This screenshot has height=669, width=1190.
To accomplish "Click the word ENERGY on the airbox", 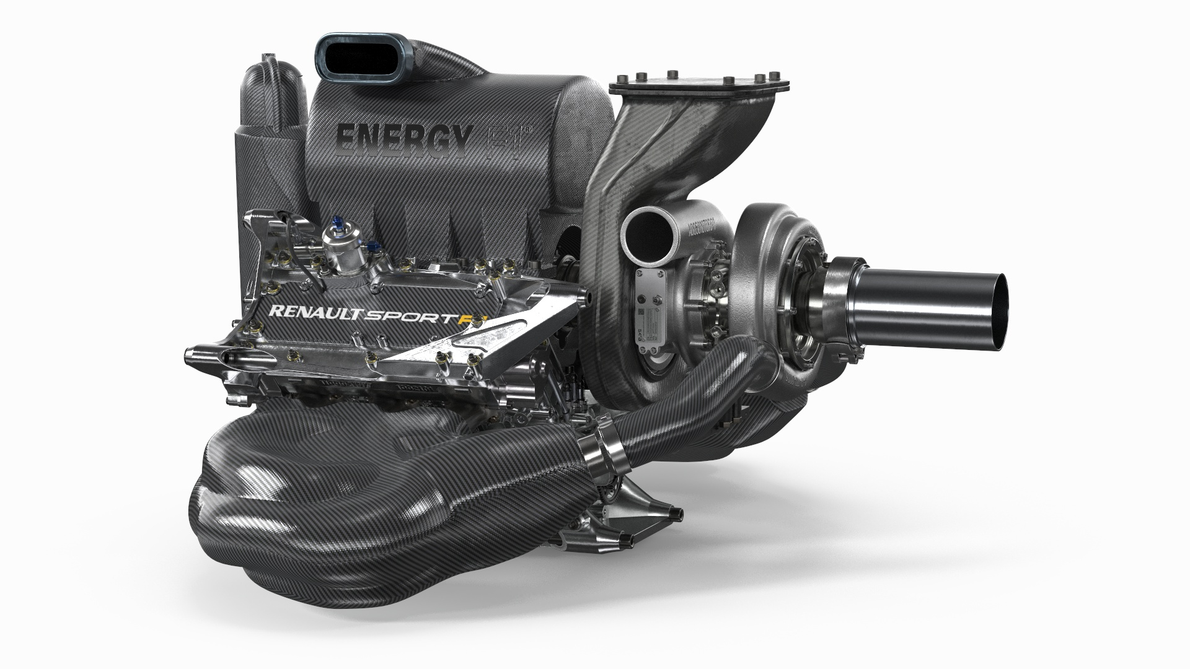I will pyautogui.click(x=403, y=134).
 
